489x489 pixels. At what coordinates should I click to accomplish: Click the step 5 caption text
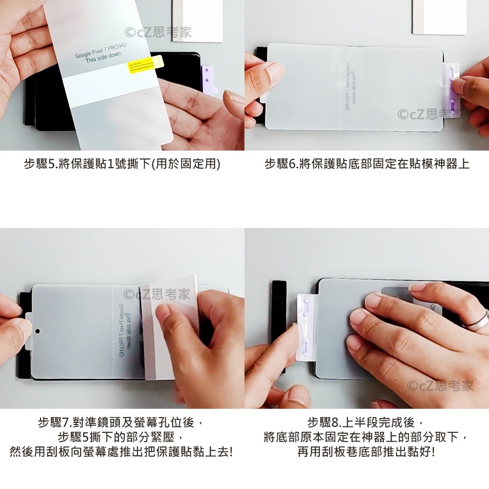(x=122, y=164)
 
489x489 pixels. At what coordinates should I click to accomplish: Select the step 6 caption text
(x=367, y=164)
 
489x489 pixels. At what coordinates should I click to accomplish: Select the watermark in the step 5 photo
(x=158, y=33)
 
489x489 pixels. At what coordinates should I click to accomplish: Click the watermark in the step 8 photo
(x=440, y=385)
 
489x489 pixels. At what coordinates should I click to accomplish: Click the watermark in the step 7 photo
(x=156, y=294)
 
